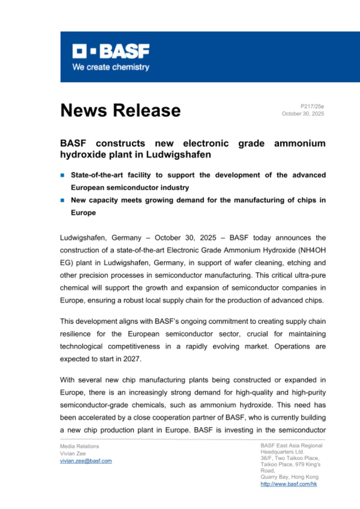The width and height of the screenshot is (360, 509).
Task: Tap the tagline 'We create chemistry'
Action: (111, 67)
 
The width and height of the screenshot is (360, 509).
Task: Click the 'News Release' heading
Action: (120, 110)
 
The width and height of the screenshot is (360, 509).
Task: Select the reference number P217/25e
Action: (312, 107)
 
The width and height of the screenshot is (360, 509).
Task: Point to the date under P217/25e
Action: (303, 114)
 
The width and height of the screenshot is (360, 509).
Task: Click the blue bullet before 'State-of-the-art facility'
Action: (62, 175)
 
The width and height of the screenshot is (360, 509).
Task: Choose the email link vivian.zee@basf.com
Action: (86, 461)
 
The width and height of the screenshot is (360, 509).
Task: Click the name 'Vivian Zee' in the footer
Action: (72, 453)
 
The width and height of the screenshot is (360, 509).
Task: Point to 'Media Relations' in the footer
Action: (80, 446)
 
